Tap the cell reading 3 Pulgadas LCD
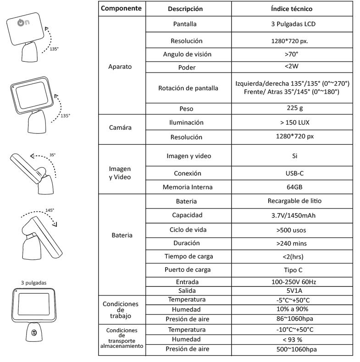292,24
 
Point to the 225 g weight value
292,109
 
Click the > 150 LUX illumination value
292,123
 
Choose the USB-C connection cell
292,173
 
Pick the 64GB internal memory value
292,187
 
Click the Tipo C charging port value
292,269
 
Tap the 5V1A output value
292,291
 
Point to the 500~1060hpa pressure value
292,349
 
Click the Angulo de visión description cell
190,55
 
